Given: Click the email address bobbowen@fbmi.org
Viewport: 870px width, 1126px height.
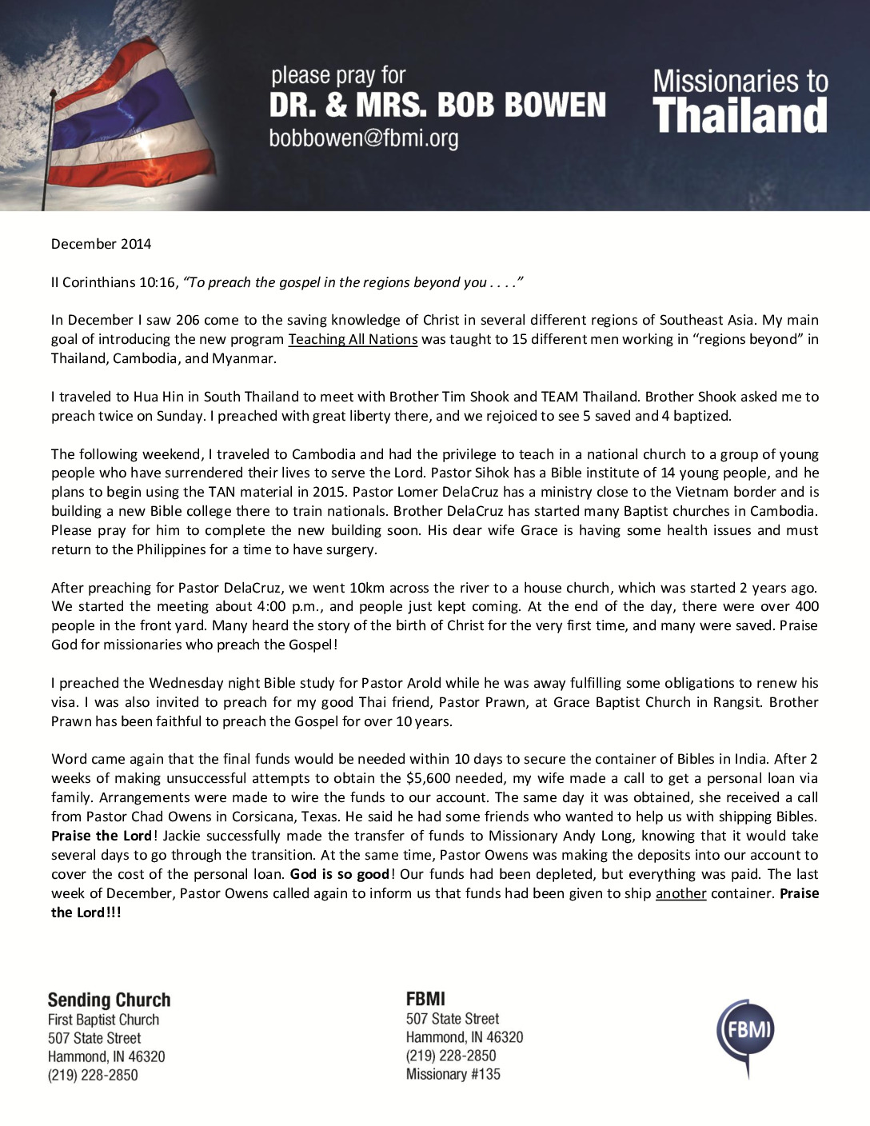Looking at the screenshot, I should [364, 138].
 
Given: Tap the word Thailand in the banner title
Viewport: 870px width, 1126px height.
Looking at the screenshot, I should [740, 115].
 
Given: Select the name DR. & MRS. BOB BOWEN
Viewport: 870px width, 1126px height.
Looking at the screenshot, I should [437, 105].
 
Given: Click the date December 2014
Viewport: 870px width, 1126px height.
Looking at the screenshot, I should [101, 244].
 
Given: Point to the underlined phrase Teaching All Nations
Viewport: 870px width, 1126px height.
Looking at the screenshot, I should [353, 339].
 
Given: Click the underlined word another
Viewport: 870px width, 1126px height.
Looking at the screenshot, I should [680, 893].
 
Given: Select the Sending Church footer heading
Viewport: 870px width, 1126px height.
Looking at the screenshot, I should [109, 1000].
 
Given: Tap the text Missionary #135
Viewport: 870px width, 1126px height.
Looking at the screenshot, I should [453, 1074].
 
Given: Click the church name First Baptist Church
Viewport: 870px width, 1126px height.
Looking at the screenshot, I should [103, 1020].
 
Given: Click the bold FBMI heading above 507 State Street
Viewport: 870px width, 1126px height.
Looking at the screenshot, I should [425, 998].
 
